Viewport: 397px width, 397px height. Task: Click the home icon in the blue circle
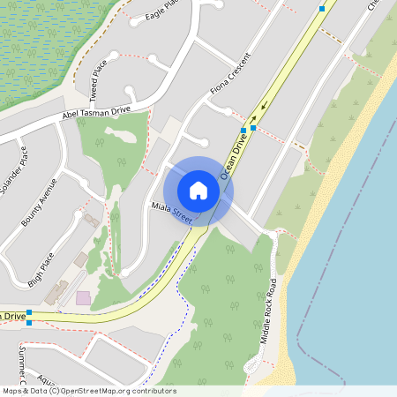[x=198, y=191]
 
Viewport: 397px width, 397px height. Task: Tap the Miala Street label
[x=170, y=210]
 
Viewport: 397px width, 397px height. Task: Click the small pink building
[x=83, y=298]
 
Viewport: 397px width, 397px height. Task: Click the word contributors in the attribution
[x=154, y=391]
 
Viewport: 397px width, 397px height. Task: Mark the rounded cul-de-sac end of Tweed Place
[x=131, y=92]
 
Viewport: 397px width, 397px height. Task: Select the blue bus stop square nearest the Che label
[x=322, y=8]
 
